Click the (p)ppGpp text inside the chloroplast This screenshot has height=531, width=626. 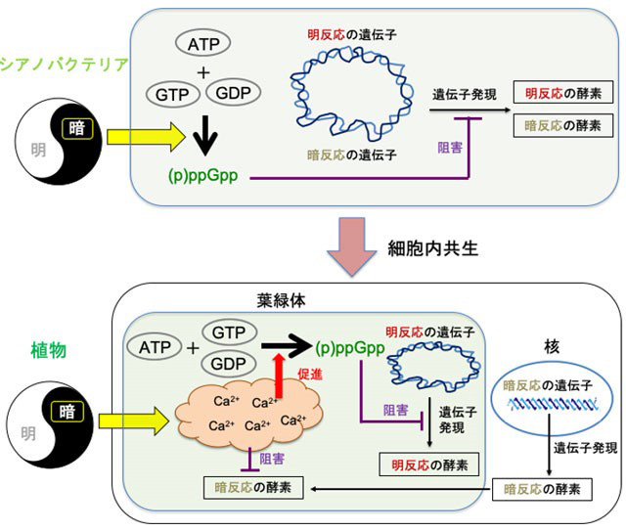click(350, 346)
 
